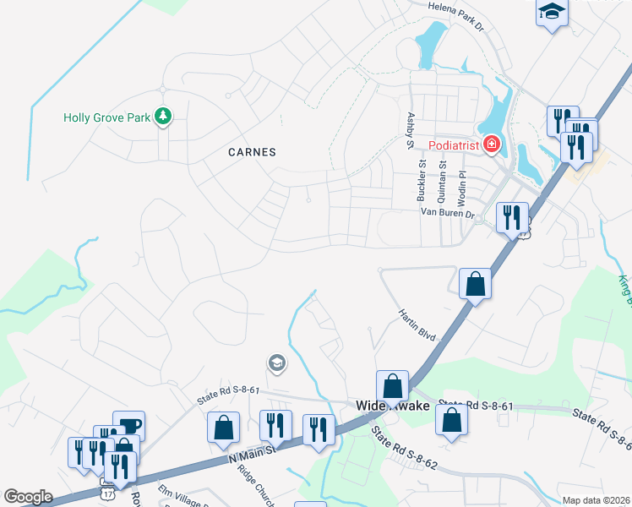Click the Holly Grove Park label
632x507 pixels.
108,117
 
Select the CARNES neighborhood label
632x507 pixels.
253,152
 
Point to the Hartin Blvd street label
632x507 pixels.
417,324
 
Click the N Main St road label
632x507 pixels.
254,452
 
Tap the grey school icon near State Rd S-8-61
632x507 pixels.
275,363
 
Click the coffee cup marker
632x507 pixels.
128,424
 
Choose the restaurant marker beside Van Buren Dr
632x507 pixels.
512,217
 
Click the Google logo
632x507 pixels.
29,497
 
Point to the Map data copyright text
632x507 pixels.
595,500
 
